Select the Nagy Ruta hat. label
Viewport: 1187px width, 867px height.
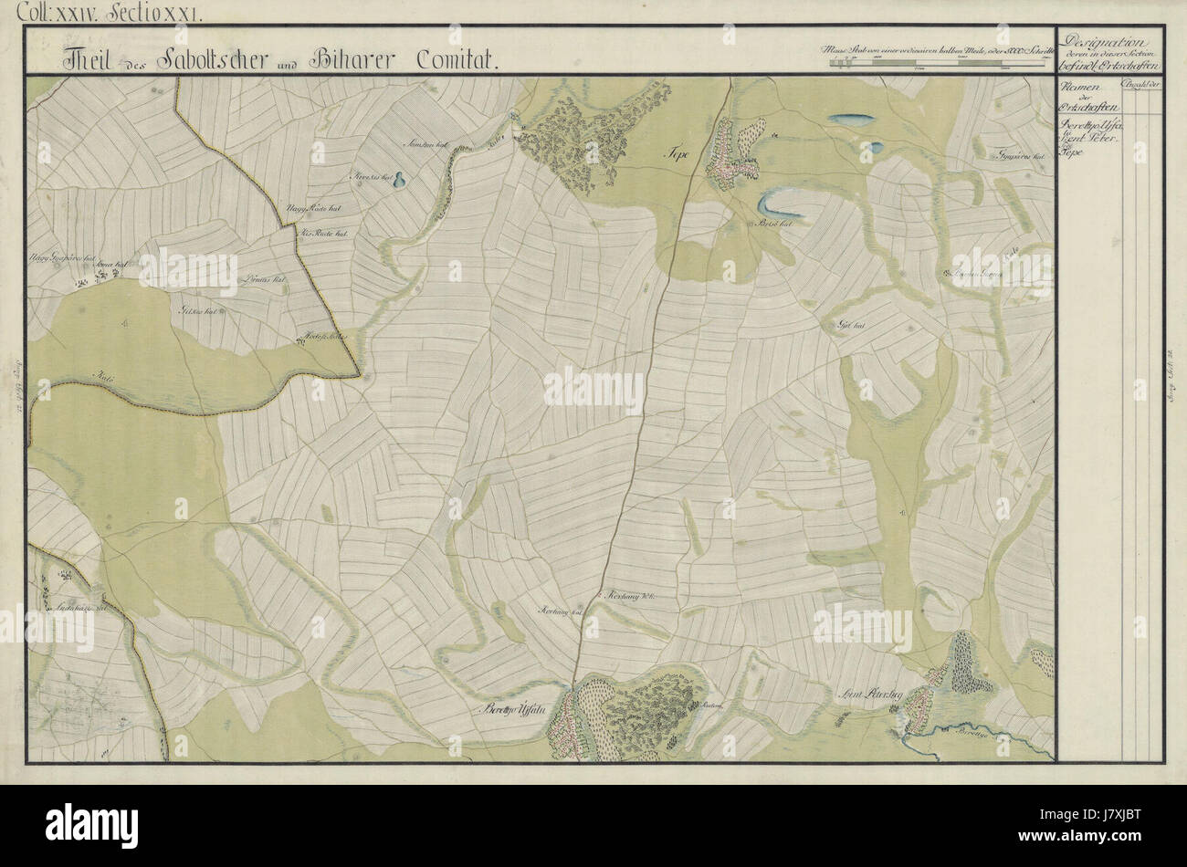(x=310, y=210)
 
